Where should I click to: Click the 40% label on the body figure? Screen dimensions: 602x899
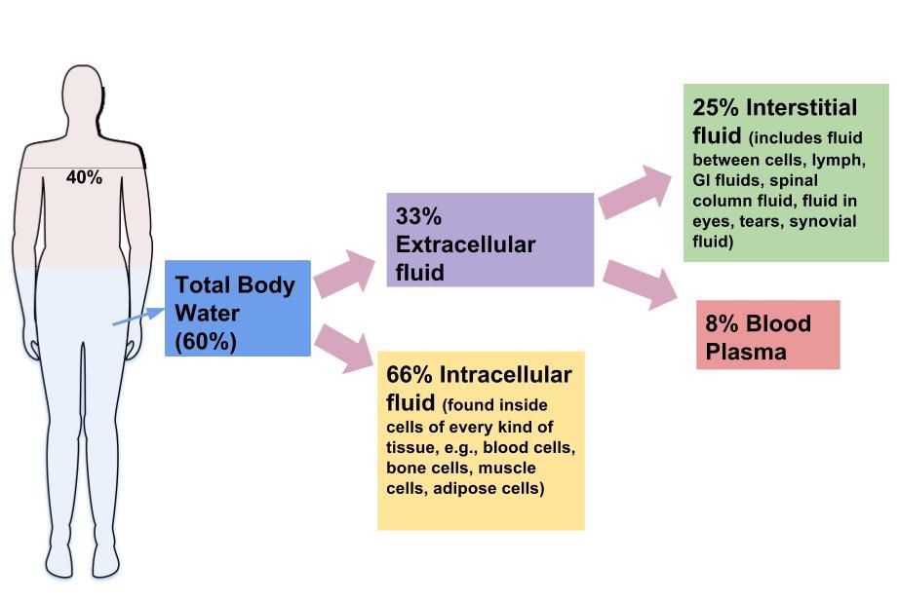[84, 177]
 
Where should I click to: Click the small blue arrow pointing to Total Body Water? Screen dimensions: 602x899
[137, 316]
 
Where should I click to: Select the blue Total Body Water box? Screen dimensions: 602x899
[237, 308]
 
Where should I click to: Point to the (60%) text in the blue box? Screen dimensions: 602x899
[206, 342]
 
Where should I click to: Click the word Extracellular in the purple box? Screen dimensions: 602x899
[465, 244]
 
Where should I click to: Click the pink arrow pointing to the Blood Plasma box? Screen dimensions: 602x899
[641, 282]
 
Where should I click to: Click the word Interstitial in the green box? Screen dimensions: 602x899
[804, 107]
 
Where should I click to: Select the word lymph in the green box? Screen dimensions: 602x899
[841, 159]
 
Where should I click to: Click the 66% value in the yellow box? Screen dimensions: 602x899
[410, 375]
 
